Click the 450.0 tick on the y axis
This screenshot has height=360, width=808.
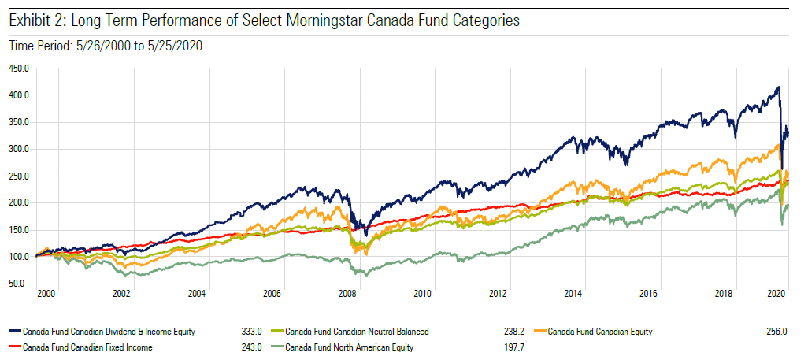20,69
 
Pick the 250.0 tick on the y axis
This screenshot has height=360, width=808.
20,176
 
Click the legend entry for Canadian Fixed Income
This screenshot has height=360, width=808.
87,347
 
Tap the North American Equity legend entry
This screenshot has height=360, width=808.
349,347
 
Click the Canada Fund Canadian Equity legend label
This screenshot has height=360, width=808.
599,332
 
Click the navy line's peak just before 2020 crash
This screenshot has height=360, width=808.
778,87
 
